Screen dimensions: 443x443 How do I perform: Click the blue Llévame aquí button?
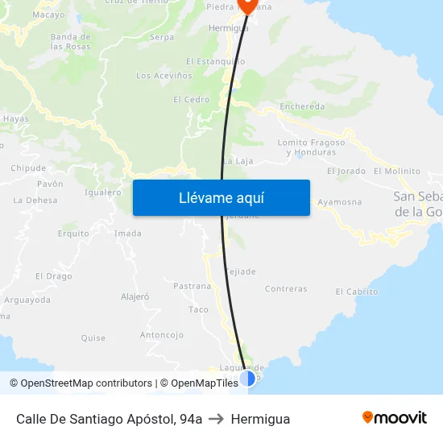[x=221, y=197]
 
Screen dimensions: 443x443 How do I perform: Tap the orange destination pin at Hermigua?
[x=247, y=5]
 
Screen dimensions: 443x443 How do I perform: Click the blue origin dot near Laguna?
[x=247, y=378]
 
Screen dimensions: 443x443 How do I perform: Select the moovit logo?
[x=394, y=417]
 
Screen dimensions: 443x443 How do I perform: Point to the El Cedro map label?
[x=191, y=100]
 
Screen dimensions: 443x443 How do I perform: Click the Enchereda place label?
[x=302, y=106]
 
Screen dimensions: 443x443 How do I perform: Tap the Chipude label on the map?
[x=28, y=168]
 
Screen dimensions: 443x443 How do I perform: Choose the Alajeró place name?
[x=135, y=296]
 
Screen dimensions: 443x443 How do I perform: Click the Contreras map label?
[x=286, y=289]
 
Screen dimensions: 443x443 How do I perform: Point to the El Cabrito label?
[x=356, y=292]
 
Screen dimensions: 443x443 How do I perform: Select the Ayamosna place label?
[x=339, y=202]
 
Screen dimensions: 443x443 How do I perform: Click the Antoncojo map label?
[x=162, y=335]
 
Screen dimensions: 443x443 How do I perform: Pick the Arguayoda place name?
[x=27, y=300]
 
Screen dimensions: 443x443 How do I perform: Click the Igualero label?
[x=102, y=193]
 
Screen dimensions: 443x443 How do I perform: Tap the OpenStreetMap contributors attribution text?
[x=81, y=383]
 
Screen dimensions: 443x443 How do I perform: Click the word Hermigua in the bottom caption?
[x=260, y=419]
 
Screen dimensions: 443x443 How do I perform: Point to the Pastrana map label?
[x=192, y=286]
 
